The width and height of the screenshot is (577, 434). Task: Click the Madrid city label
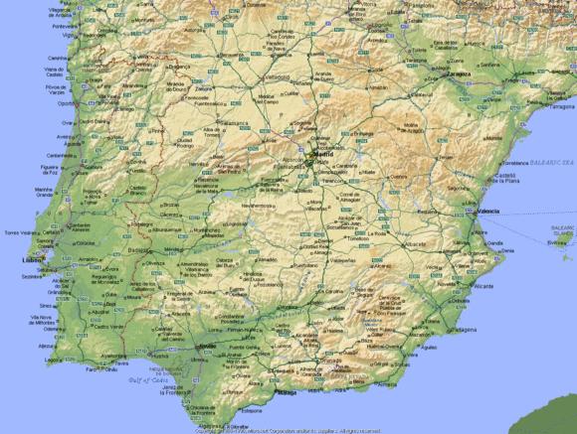[x=323, y=155]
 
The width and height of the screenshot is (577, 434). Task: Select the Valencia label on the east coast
[x=488, y=212]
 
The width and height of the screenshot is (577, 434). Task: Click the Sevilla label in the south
[x=208, y=346]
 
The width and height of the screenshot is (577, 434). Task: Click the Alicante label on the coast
[x=457, y=286]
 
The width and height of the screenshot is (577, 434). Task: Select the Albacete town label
[x=415, y=243]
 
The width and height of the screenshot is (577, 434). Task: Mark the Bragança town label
[x=178, y=68]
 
